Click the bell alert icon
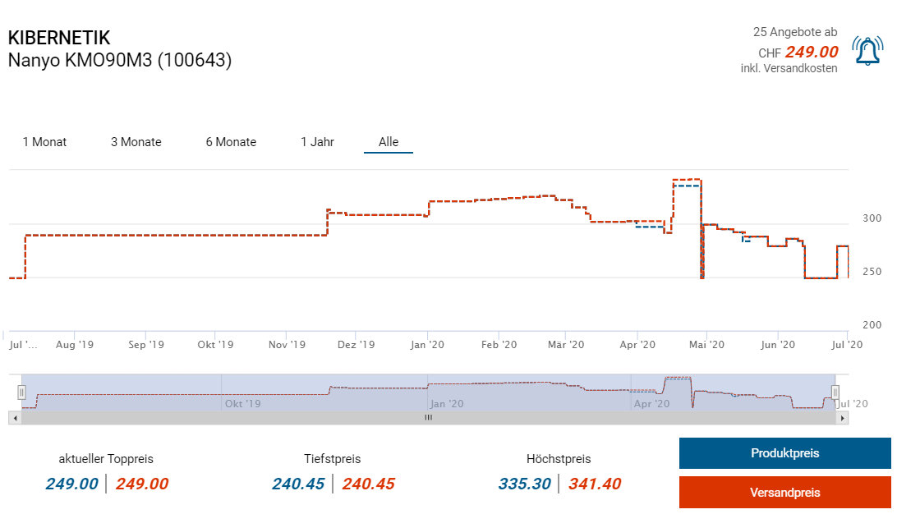867,51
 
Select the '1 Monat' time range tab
45,142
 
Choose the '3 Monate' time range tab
136,142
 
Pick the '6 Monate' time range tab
231,142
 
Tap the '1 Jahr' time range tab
317,142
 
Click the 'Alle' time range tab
389,142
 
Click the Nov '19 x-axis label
287,345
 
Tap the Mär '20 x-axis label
565,345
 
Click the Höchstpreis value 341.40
595,484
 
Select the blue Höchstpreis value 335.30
524,484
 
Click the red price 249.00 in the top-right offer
811,53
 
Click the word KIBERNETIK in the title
59,38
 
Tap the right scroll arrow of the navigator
842,417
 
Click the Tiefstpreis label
332,459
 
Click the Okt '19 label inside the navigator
242,404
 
